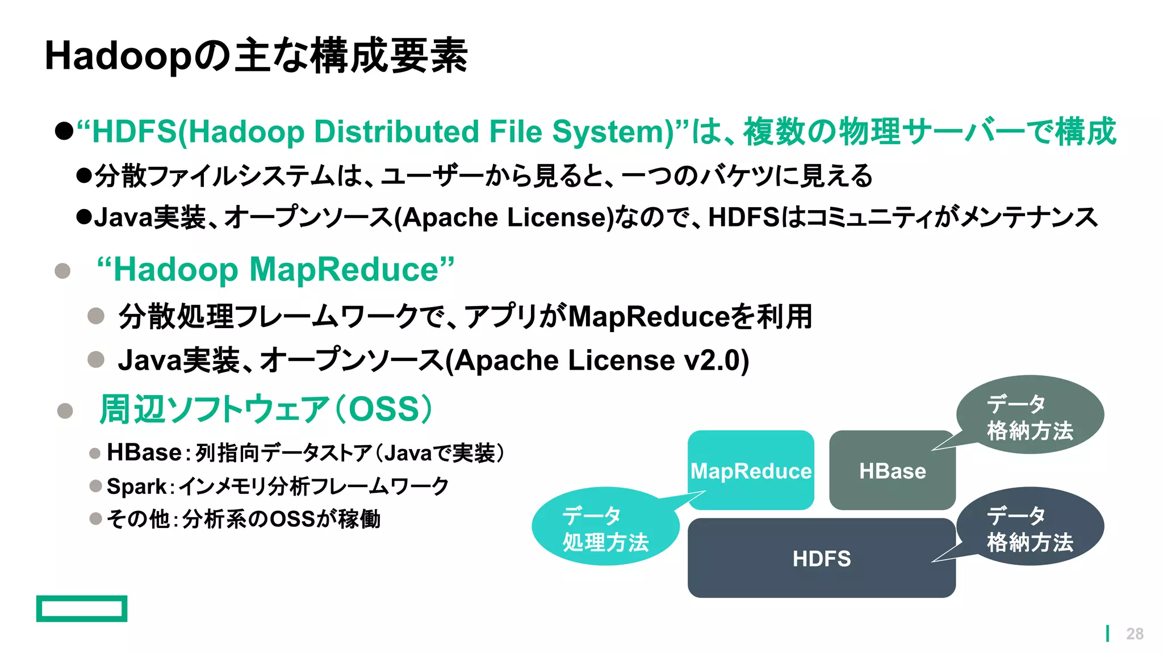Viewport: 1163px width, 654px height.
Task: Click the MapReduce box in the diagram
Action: [x=750, y=470]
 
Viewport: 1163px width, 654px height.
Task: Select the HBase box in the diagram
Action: [x=892, y=470]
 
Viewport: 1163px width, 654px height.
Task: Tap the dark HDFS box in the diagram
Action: [x=821, y=558]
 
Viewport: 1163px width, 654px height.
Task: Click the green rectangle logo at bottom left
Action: [x=82, y=609]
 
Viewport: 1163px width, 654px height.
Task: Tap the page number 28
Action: [x=1135, y=634]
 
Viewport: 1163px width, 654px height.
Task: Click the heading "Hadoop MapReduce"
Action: [x=276, y=269]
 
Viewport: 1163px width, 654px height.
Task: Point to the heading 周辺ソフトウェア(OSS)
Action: [x=266, y=409]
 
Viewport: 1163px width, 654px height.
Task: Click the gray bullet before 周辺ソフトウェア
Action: [x=65, y=410]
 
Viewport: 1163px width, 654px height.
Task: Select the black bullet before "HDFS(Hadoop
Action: [x=64, y=132]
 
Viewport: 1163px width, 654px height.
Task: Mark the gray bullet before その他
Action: [x=95, y=519]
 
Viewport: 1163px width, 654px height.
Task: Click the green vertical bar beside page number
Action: [x=1107, y=634]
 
